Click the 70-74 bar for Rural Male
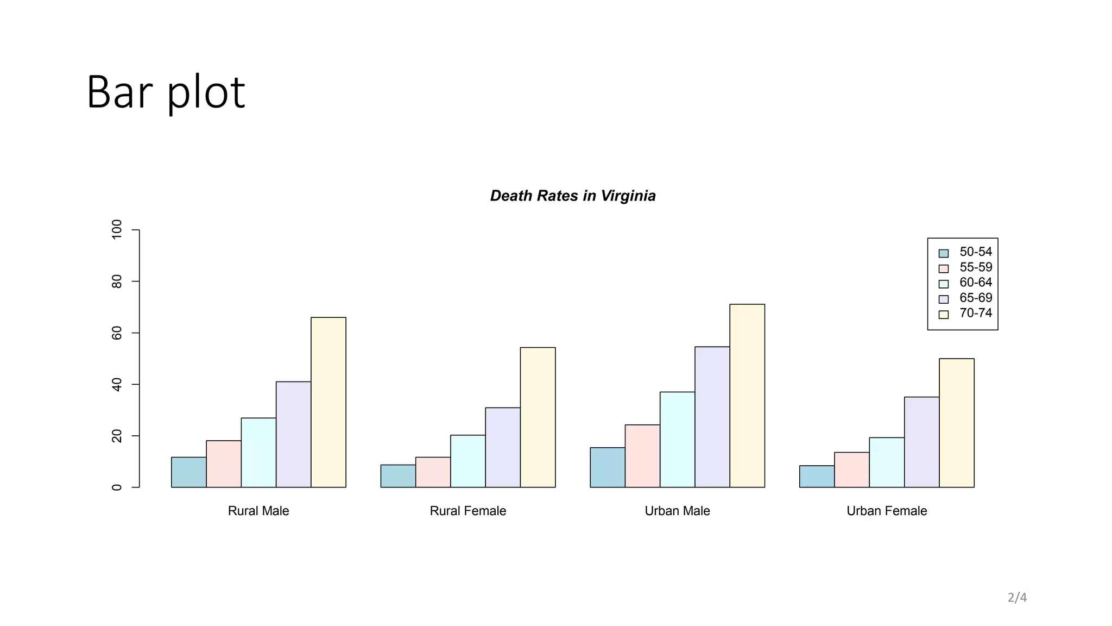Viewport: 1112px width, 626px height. (328, 402)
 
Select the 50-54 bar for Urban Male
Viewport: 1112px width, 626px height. (607, 467)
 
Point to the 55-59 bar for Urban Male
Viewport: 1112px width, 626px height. (642, 456)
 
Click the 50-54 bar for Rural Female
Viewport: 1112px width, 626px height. (398, 476)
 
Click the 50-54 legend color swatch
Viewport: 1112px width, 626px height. (944, 253)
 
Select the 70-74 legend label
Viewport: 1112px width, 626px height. (975, 313)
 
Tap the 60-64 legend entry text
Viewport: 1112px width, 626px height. (975, 283)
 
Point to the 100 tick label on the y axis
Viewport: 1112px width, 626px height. (117, 230)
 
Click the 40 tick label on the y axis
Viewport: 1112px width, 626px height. (117, 385)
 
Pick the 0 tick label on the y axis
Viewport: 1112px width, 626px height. (117, 487)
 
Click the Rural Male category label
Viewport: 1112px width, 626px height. (258, 511)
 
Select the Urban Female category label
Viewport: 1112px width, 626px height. (887, 511)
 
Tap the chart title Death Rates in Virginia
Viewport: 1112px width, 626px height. (573, 196)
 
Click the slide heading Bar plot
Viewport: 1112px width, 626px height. (166, 92)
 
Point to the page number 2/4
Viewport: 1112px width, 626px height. (1017, 598)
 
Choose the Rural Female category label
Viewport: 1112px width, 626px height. (467, 511)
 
